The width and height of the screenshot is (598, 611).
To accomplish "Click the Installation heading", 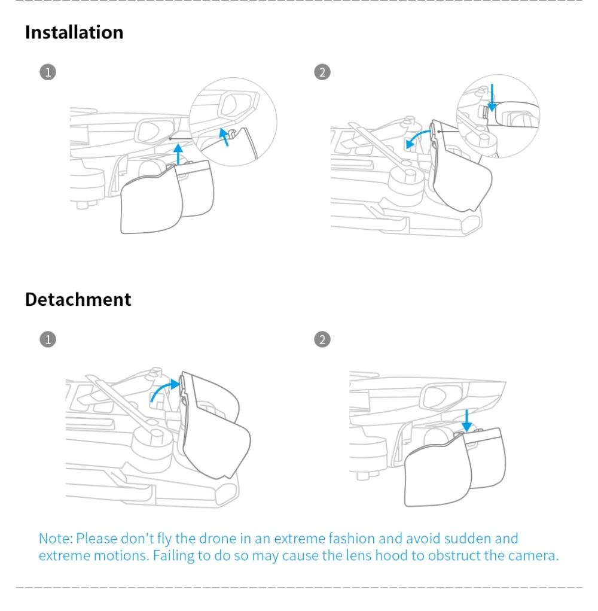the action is pyautogui.click(x=74, y=32).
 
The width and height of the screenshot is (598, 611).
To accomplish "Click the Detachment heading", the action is pyautogui.click(x=78, y=299).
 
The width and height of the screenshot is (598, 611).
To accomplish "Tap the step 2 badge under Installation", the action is pyautogui.click(x=322, y=72).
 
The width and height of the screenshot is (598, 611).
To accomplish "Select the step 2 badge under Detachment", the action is pyautogui.click(x=322, y=339).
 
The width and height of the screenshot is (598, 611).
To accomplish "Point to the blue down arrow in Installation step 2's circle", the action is pyautogui.click(x=492, y=98).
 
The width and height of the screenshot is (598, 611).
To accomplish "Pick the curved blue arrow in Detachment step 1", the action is pyautogui.click(x=163, y=390).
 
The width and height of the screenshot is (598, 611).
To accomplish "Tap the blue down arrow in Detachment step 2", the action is pyautogui.click(x=468, y=420).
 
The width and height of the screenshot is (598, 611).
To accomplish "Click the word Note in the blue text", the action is pyautogui.click(x=55, y=539).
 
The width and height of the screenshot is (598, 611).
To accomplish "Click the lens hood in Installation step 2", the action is pyautogui.click(x=460, y=174).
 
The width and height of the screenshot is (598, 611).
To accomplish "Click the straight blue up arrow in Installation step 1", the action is pyautogui.click(x=178, y=156).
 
